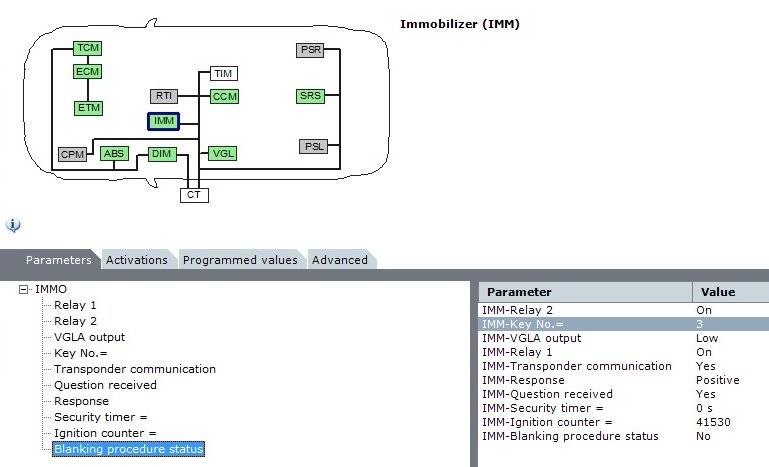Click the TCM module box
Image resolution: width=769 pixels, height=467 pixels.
click(x=88, y=48)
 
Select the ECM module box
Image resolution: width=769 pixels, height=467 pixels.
click(x=88, y=71)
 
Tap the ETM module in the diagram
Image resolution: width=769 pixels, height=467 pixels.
click(x=88, y=107)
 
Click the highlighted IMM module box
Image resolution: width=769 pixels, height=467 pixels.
click(x=163, y=121)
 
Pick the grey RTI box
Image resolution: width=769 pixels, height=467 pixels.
click(x=164, y=96)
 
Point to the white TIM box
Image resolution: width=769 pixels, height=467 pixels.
click(x=223, y=73)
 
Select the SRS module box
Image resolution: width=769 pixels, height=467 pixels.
click(x=310, y=96)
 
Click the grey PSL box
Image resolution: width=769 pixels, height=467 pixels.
click(x=313, y=146)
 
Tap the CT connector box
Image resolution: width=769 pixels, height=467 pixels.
click(x=194, y=195)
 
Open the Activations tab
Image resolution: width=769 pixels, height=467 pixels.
click(x=137, y=260)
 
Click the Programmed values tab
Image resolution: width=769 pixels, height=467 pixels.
click(x=240, y=260)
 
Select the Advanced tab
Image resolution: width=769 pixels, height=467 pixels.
click(x=340, y=260)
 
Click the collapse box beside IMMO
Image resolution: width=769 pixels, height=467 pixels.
click(x=24, y=289)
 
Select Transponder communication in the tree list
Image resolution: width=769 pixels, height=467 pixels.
click(x=134, y=369)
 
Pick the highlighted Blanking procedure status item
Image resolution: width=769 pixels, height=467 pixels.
click(x=128, y=449)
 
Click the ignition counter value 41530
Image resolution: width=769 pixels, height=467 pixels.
click(x=713, y=422)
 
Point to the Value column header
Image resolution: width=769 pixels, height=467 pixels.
click(x=718, y=292)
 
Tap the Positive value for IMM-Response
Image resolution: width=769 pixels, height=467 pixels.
click(x=717, y=380)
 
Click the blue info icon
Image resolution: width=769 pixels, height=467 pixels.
click(x=13, y=225)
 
